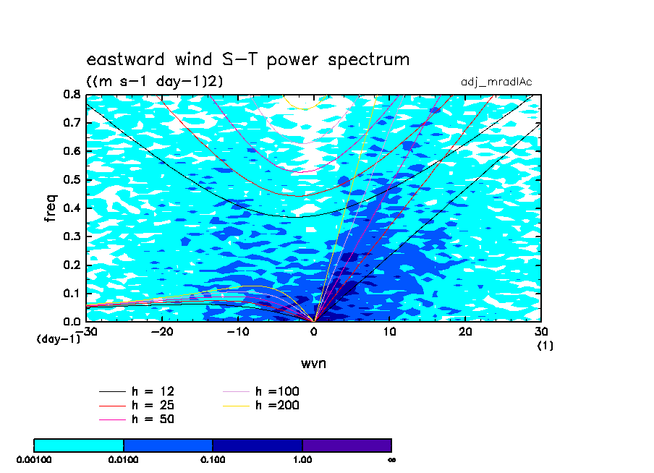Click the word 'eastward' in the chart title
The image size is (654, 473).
pyautogui.click(x=125, y=59)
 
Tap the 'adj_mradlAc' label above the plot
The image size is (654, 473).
pyautogui.click(x=496, y=82)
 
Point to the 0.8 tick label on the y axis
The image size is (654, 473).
pyautogui.click(x=72, y=94)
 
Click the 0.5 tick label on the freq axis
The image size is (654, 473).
pyautogui.click(x=72, y=180)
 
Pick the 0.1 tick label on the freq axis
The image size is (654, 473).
pyautogui.click(x=72, y=293)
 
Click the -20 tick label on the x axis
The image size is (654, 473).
pyautogui.click(x=162, y=332)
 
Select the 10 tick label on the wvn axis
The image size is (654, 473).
pyautogui.click(x=389, y=332)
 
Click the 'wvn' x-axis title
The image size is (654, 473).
pyautogui.click(x=313, y=364)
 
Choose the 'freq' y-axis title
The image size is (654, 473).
pyautogui.click(x=51, y=208)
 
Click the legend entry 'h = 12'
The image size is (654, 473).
pyautogui.click(x=137, y=391)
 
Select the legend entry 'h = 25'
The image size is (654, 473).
pyautogui.click(x=137, y=405)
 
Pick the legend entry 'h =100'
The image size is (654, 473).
pyautogui.click(x=261, y=391)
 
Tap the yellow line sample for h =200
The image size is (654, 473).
pyautogui.click(x=236, y=406)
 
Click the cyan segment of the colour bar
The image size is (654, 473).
pyautogui.click(x=78, y=445)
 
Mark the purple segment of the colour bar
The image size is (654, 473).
pyautogui.click(x=347, y=445)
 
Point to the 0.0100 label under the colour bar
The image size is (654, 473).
pyautogui.click(x=123, y=460)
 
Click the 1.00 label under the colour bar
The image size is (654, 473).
pyautogui.click(x=302, y=460)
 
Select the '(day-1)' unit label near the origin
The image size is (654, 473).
pyautogui.click(x=58, y=339)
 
